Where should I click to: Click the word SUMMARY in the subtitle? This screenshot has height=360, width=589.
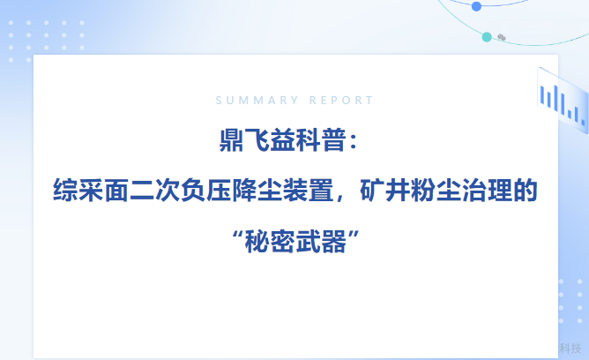(257, 101)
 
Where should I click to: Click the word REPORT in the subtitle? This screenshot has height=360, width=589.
(341, 101)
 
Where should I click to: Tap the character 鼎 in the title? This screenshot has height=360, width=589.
(231, 140)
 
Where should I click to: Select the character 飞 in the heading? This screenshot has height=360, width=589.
(257, 140)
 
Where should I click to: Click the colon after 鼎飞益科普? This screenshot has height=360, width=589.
(353, 141)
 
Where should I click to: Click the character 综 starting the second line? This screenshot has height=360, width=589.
(65, 191)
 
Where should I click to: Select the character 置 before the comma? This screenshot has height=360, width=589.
(321, 191)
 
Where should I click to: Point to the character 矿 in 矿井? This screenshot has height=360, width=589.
(372, 191)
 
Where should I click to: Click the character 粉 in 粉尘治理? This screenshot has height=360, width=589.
(423, 191)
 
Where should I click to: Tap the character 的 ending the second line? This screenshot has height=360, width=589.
(526, 191)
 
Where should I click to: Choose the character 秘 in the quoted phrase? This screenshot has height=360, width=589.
(257, 242)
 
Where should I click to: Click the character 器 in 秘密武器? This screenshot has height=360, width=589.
(334, 242)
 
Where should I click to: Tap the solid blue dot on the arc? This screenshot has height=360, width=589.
(476, 6)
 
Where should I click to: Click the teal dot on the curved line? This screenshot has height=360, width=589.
(487, 37)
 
